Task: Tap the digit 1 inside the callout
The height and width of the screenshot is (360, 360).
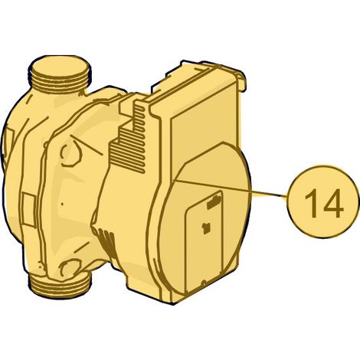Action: click(x=312, y=203)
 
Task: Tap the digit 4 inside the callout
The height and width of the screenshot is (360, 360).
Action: click(x=332, y=203)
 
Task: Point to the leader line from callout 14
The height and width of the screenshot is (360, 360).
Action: click(x=230, y=188)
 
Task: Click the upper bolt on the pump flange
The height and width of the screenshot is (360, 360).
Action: click(x=71, y=154)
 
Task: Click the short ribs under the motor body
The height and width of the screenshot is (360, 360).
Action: click(x=105, y=240)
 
